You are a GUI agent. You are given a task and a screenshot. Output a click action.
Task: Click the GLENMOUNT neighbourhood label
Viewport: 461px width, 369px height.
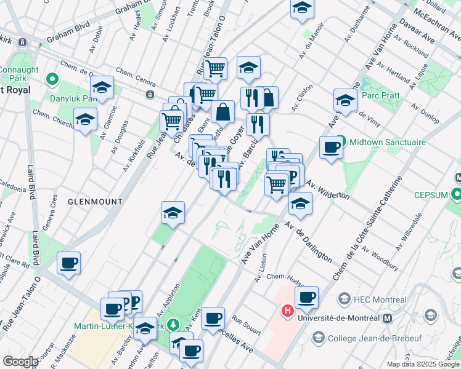point(95,202)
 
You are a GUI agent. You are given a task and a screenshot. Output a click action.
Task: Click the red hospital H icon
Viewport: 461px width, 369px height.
point(287,312)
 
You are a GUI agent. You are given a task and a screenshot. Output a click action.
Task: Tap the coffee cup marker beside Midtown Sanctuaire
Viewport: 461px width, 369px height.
point(331,148)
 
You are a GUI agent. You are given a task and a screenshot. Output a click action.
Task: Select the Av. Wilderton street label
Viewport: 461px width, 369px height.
point(328,189)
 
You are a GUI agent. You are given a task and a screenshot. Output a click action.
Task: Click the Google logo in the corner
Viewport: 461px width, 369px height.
point(20,362)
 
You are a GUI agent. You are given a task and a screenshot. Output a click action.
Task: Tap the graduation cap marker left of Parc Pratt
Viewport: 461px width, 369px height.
point(345,100)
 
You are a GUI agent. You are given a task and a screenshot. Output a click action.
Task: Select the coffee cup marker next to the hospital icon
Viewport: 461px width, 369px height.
point(306,298)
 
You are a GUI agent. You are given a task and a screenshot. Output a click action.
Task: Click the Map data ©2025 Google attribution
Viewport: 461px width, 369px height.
point(423,364)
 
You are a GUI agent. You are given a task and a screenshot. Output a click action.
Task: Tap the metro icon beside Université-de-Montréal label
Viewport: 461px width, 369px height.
point(387,318)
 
